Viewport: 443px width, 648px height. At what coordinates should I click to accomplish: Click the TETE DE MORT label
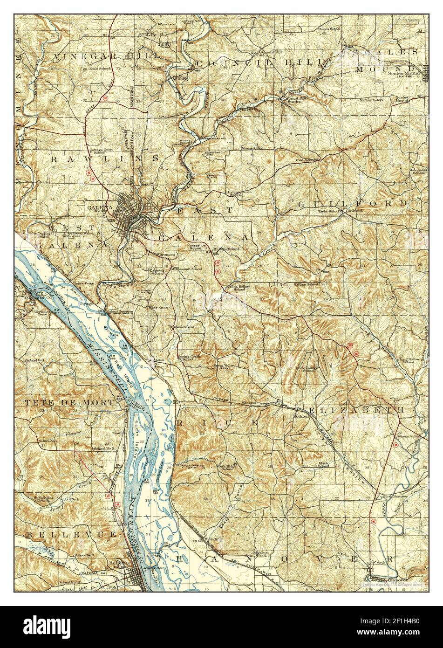(69, 402)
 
